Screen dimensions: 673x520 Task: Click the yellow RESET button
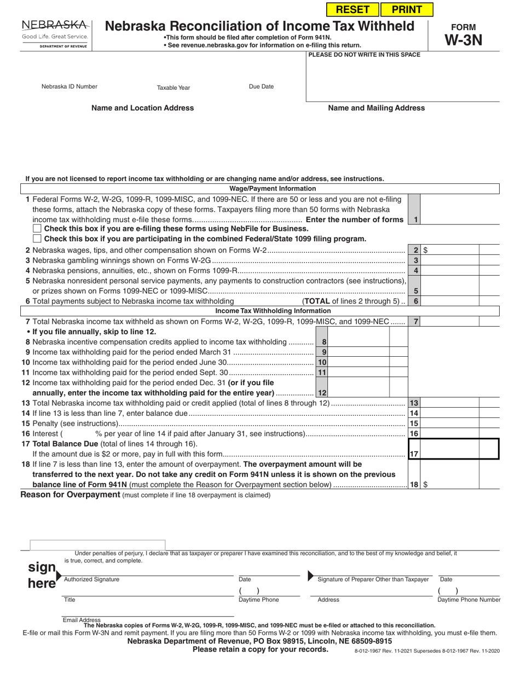[352, 9]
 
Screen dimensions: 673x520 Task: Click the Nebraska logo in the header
[55, 32]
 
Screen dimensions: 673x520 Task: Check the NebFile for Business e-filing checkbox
[37, 229]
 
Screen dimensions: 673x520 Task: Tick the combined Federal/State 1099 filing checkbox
[37, 239]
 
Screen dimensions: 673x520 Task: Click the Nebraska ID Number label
[70, 86]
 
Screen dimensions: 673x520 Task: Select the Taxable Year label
[174, 88]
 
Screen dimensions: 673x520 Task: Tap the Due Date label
[261, 86]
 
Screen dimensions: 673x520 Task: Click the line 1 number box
[415, 219]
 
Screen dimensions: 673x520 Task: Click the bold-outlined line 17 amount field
[460, 449]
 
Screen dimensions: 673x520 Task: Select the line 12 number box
[322, 393]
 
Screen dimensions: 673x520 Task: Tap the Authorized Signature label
[91, 579]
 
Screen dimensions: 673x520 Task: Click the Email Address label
[82, 620]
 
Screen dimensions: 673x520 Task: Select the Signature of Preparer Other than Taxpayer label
[373, 579]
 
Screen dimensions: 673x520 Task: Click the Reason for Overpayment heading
[70, 495]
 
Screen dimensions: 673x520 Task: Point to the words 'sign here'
[42, 575]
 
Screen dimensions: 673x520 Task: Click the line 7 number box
[415, 322]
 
